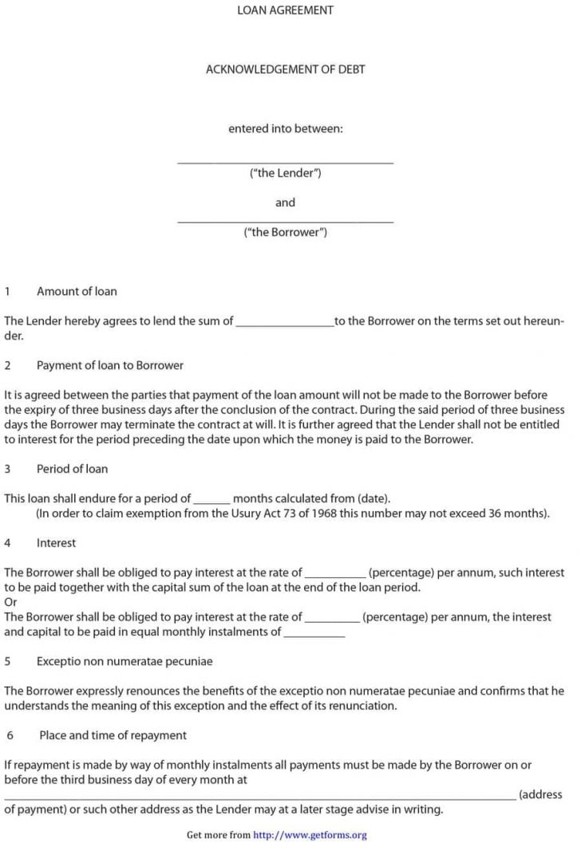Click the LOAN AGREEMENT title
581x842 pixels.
pos(285,10)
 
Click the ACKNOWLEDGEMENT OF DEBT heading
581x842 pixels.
pos(285,69)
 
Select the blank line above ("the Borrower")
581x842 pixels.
pos(285,220)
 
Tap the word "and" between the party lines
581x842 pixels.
pos(285,203)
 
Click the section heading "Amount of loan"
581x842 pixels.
pos(77,291)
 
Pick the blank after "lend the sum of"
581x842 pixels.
pos(285,324)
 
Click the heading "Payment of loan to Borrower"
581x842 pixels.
pos(109,365)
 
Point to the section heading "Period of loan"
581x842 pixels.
pos(72,468)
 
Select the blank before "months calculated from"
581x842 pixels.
pos(211,501)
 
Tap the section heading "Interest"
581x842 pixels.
pos(56,542)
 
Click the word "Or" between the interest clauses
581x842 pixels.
pos(10,602)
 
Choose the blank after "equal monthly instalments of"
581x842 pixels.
pos(314,635)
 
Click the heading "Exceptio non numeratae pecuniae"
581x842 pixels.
pos(125,661)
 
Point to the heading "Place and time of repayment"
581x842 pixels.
pos(113,734)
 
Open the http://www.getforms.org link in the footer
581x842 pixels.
pos(310,835)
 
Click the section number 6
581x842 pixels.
pos(10,734)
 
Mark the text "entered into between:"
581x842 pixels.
pos(285,128)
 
